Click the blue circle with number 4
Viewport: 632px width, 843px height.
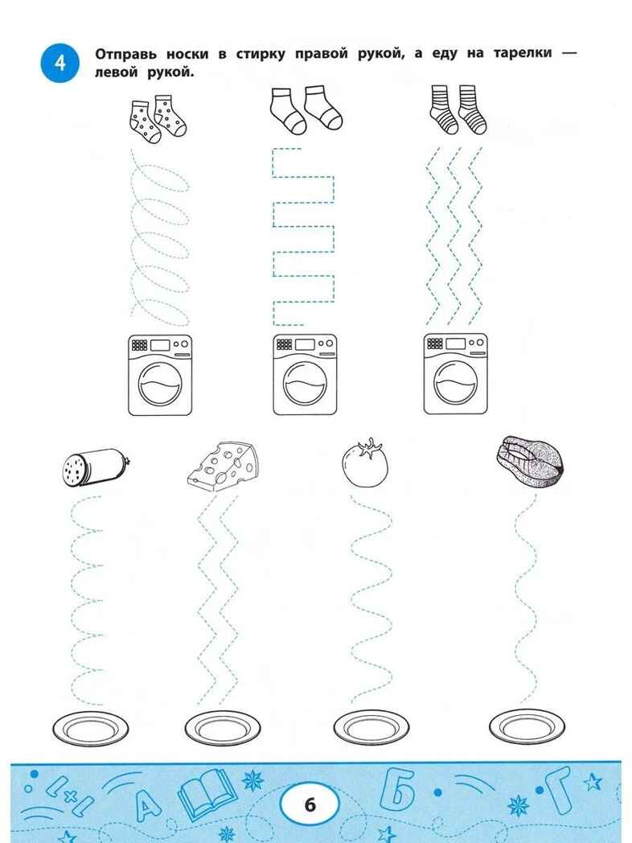click(x=60, y=63)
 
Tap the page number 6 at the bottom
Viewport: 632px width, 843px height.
click(x=310, y=805)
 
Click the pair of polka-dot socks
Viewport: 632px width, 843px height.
click(x=158, y=119)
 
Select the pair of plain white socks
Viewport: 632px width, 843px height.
click(x=306, y=109)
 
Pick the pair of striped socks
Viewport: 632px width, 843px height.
click(x=458, y=109)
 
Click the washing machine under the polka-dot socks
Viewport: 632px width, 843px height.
click(x=160, y=375)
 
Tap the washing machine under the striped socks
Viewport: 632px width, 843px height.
click(x=456, y=374)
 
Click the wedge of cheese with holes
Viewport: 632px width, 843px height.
click(x=223, y=466)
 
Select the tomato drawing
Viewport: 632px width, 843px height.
click(x=365, y=463)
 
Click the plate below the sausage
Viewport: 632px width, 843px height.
click(x=90, y=729)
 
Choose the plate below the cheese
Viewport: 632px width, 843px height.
click(x=223, y=729)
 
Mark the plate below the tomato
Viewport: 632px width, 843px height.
click(x=371, y=729)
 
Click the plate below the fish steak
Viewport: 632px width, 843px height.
click(x=527, y=728)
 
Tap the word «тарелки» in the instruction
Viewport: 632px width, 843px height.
click(x=523, y=53)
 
